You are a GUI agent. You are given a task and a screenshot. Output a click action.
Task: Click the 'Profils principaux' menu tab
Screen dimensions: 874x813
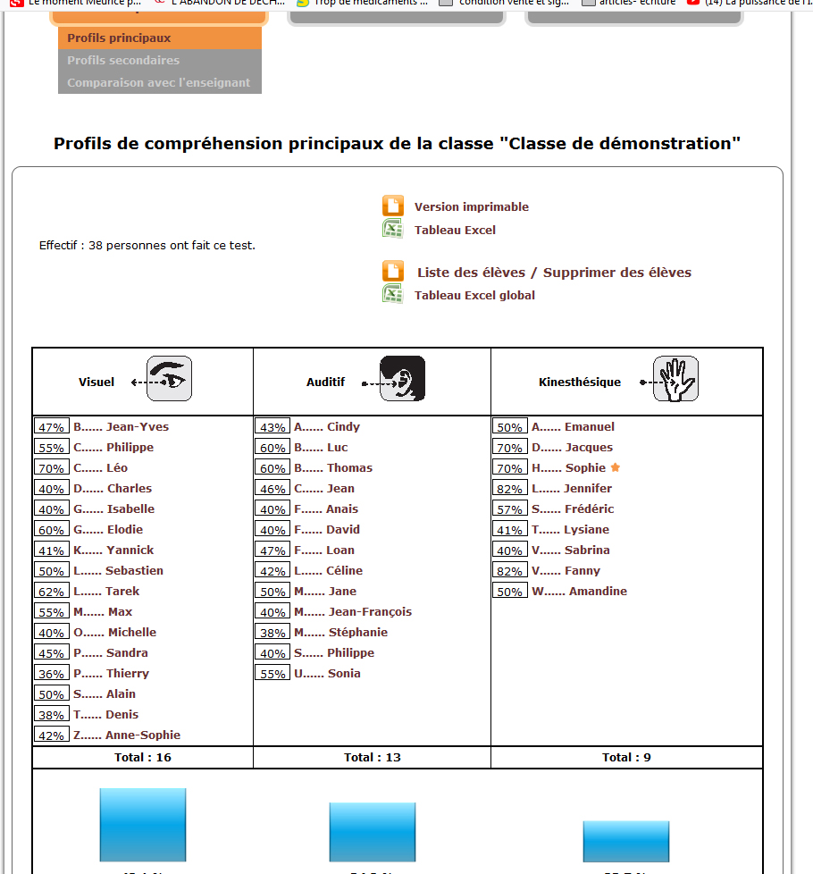pyautogui.click(x=119, y=38)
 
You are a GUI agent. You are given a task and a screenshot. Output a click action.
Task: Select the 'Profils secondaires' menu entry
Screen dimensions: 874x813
pyautogui.click(x=123, y=61)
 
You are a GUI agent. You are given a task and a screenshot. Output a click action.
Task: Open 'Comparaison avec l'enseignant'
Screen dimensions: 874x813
pyautogui.click(x=158, y=83)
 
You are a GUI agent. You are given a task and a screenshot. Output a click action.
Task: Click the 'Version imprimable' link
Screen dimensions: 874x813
pyautogui.click(x=471, y=207)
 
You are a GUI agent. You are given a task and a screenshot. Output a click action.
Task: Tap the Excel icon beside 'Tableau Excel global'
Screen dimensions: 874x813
pyautogui.click(x=392, y=294)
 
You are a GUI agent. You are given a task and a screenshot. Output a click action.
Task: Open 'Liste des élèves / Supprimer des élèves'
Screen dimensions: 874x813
pyautogui.click(x=554, y=273)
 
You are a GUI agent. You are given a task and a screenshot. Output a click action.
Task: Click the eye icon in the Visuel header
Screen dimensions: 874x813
pyautogui.click(x=169, y=379)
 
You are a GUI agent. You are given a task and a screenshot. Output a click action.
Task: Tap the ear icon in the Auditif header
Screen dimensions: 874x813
pyautogui.click(x=402, y=379)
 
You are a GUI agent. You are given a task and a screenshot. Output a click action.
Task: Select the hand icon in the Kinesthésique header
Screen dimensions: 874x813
pyautogui.click(x=675, y=379)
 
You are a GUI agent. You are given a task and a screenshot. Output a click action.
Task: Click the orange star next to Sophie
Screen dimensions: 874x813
pyautogui.click(x=615, y=467)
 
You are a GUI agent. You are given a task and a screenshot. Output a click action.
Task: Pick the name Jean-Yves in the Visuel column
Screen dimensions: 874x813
pyautogui.click(x=137, y=427)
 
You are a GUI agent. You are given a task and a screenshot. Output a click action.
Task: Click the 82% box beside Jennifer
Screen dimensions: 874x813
pyautogui.click(x=509, y=489)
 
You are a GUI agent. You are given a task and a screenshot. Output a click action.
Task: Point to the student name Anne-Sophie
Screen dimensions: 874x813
pyautogui.click(x=143, y=735)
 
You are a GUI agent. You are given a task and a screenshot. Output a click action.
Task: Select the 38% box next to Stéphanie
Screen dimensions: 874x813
pyautogui.click(x=272, y=633)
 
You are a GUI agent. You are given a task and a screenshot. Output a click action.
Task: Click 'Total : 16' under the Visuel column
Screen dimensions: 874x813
pyautogui.click(x=143, y=758)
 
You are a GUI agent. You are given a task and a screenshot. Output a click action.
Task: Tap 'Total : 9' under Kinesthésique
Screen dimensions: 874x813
pyautogui.click(x=626, y=758)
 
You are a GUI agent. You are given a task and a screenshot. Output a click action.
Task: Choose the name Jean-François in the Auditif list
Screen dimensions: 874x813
pyautogui.click(x=370, y=612)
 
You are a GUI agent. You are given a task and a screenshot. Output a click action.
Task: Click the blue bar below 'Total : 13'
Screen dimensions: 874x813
pyautogui.click(x=372, y=832)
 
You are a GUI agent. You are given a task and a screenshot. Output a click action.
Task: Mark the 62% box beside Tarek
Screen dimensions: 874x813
pyautogui.click(x=51, y=592)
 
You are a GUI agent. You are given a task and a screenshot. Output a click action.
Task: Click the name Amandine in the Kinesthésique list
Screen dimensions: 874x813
pyautogui.click(x=598, y=592)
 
